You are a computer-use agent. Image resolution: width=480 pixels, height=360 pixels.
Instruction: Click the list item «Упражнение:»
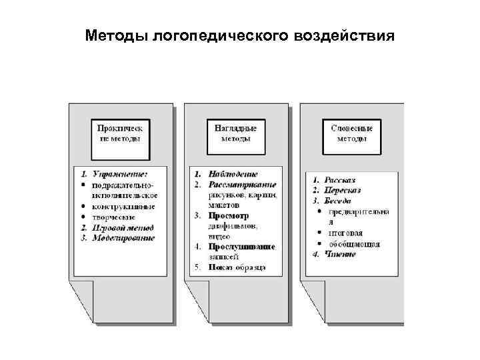(120, 174)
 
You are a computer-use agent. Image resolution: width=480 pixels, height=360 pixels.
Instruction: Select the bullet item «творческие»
(115, 217)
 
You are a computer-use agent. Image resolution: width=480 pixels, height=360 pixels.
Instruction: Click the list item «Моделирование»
(124, 237)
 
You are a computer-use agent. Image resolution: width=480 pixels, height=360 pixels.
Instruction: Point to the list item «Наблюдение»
(233, 174)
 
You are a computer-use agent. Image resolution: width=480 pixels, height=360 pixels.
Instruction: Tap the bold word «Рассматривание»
(242, 185)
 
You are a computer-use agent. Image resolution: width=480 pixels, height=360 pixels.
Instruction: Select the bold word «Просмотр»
(228, 216)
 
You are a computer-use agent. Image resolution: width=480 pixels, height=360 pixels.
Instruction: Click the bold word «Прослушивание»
(241, 247)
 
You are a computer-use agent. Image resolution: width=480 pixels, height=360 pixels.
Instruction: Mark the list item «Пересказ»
(343, 190)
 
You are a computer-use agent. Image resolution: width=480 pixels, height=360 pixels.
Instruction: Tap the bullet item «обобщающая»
(353, 244)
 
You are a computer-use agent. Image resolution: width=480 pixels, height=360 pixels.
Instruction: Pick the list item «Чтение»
(340, 254)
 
